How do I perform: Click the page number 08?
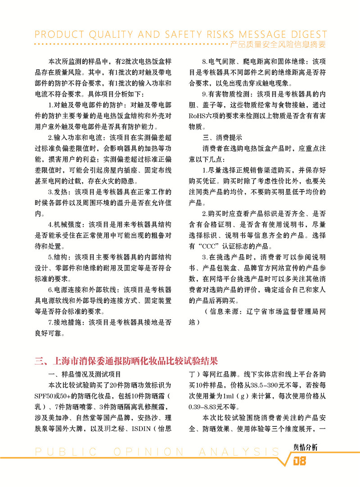click(300, 461)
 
